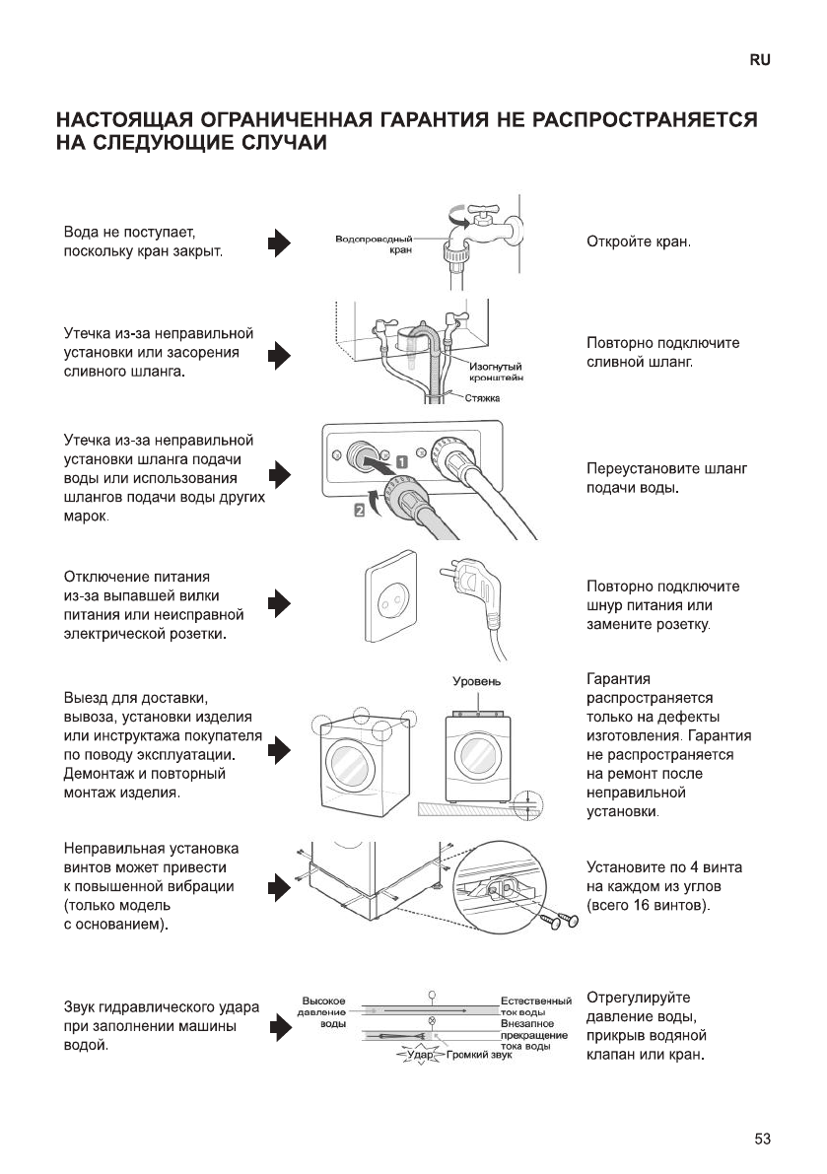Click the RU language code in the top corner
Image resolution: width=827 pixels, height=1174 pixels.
coord(759,60)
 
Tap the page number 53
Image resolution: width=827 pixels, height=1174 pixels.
coord(762,1139)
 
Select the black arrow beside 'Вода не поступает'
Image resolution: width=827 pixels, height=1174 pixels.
coord(280,243)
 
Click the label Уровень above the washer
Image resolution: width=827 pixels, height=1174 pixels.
coord(477,681)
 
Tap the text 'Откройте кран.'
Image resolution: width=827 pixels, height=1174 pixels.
coord(639,242)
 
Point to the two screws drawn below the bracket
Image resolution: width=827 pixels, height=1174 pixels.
coord(556,921)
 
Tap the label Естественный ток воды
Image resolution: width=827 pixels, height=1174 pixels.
coord(536,1007)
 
